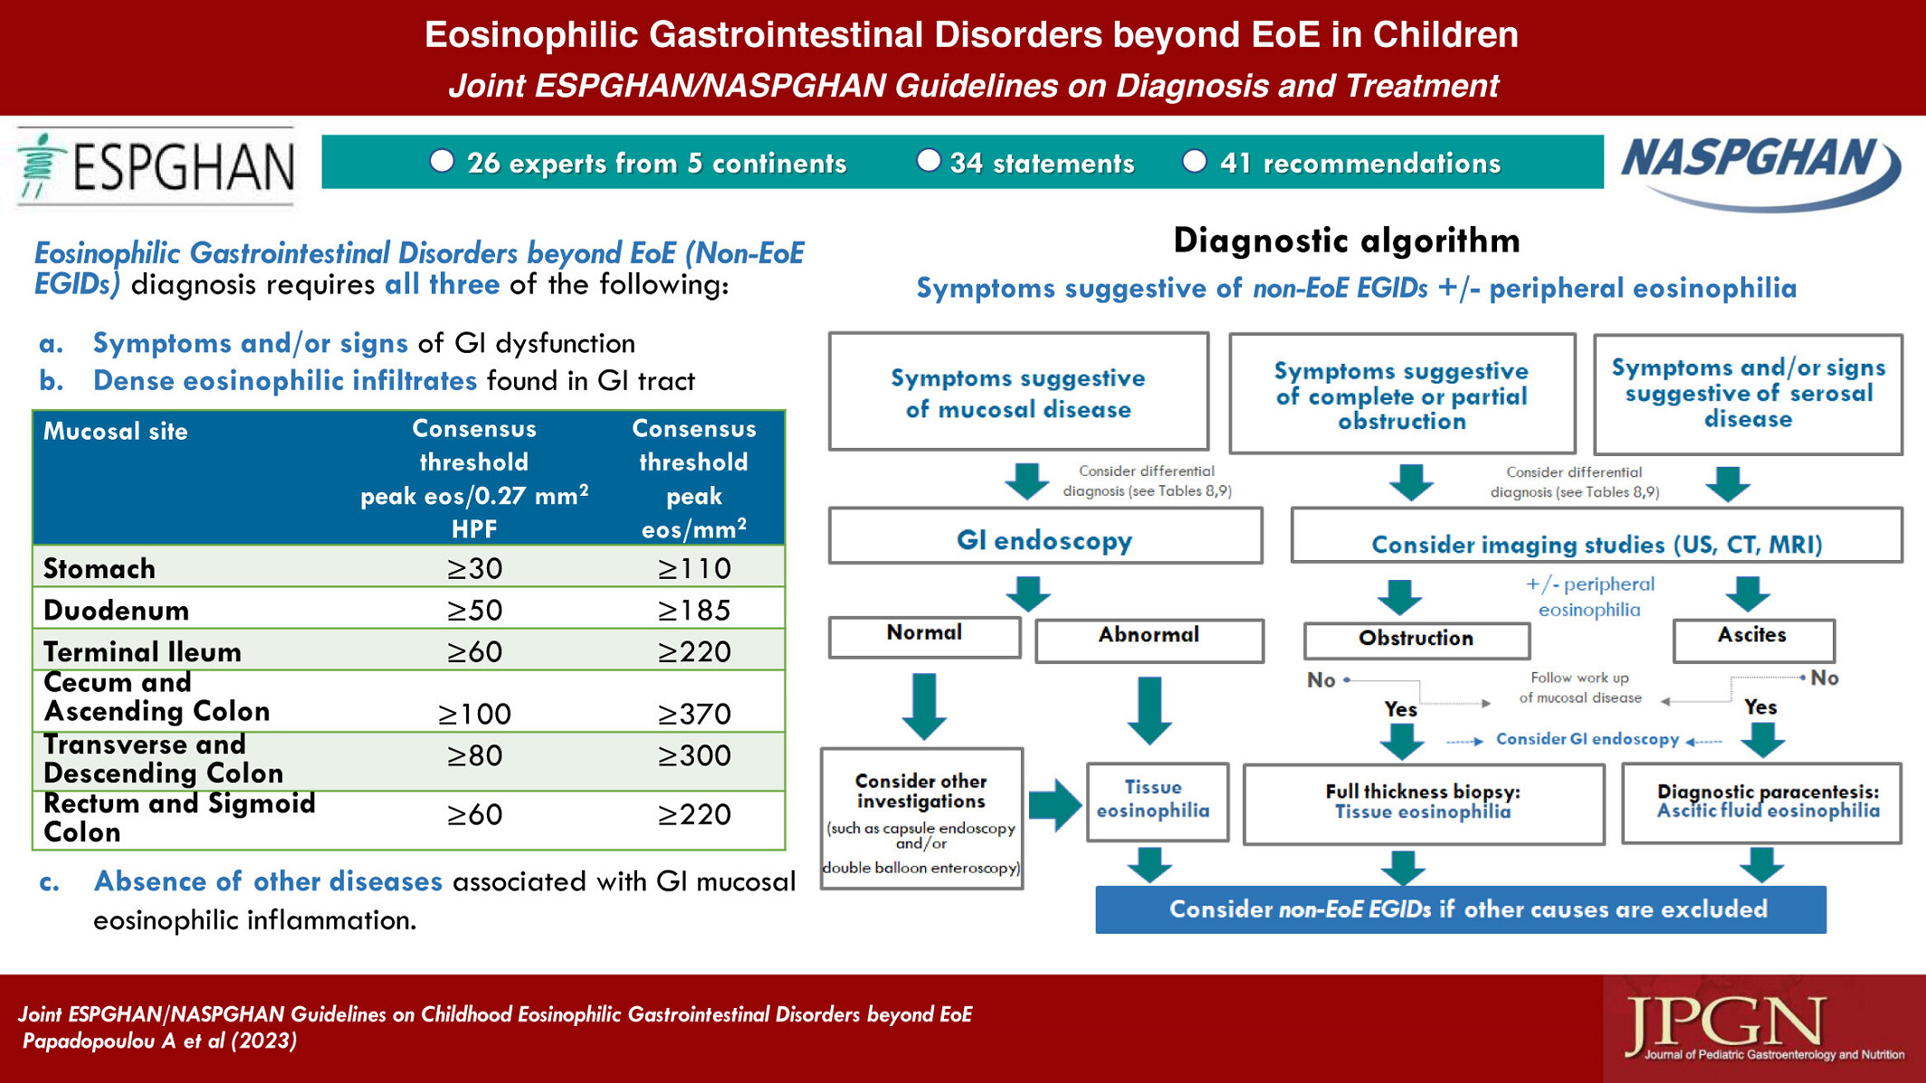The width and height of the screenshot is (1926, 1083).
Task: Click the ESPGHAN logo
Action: point(156,166)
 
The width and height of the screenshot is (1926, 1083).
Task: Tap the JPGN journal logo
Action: point(1764,1028)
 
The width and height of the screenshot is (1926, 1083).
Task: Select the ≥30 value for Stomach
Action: point(474,568)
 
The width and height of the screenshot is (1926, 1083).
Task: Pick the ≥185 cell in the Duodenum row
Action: point(693,610)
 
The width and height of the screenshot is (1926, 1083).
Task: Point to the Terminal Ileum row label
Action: point(142,651)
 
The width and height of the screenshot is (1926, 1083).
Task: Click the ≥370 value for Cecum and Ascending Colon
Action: point(693,714)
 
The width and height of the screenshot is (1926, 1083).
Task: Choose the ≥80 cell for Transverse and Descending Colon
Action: point(474,755)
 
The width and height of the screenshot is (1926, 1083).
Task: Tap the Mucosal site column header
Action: point(116,431)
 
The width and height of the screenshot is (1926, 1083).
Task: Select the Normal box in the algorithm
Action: point(924,636)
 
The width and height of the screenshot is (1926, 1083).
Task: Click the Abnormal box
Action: point(1149,640)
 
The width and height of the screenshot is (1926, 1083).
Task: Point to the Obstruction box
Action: point(1416,641)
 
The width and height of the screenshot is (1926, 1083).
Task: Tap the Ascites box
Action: point(1753,640)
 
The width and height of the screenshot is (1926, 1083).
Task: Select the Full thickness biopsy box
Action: point(1424,803)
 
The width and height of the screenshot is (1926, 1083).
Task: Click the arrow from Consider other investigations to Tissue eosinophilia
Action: point(1055,803)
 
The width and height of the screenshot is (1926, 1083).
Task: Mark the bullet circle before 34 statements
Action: point(929,161)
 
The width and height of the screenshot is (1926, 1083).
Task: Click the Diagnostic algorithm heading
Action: point(1347,242)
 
